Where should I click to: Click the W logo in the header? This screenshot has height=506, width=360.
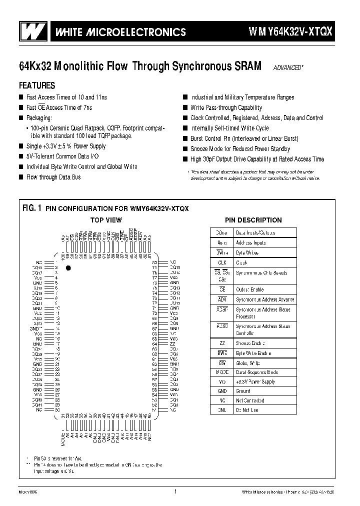coord(34,32)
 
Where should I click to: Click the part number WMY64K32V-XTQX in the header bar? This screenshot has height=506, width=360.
coord(290,32)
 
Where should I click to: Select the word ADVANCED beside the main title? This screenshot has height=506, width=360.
coord(287,67)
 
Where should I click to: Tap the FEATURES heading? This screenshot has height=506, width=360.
coord(37,85)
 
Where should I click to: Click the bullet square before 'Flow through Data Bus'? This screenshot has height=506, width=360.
coord(21,177)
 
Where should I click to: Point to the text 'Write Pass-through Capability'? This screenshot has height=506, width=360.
coord(226,107)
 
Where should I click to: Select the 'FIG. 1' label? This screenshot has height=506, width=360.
coord(31,208)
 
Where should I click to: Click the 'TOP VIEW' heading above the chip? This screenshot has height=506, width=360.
coord(105,220)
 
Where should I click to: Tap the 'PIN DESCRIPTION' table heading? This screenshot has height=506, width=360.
coord(253,220)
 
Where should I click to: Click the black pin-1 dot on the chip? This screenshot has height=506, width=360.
coord(69,268)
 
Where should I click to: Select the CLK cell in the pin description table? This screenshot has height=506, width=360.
coord(222,262)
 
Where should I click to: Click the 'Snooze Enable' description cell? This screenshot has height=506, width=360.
coord(250,343)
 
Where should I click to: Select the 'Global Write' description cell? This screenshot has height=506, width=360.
coord(248,363)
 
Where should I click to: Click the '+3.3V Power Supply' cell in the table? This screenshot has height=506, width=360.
coord(255,381)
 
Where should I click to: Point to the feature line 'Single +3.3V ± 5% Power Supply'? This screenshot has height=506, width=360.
coord(66,146)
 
